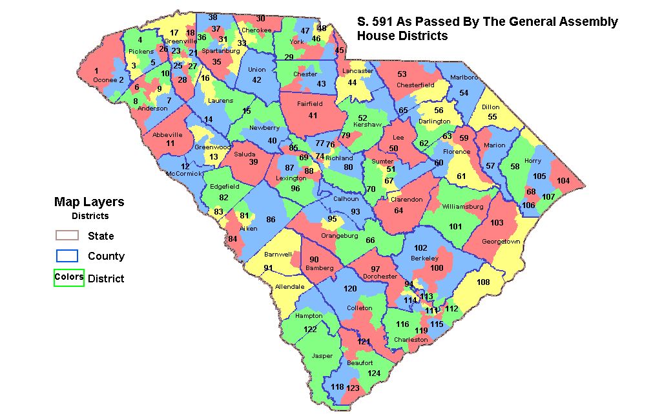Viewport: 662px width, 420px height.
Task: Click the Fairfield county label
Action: coord(309,103)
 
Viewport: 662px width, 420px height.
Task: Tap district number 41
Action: coord(313,115)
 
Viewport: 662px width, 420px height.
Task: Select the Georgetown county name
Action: coord(500,242)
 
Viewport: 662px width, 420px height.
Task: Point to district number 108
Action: coord(483,282)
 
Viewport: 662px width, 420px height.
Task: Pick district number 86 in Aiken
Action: coord(271,220)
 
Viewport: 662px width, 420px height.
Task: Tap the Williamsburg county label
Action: coord(462,207)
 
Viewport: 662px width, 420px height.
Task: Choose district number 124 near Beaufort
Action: coord(374,373)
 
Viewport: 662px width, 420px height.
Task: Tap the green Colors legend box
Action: coord(68,277)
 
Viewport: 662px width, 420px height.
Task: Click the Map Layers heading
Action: coord(89,202)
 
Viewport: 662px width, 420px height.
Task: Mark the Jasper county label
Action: coord(322,356)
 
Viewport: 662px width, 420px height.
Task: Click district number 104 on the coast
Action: coord(563,181)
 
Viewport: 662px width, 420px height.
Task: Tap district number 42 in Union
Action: coord(256,79)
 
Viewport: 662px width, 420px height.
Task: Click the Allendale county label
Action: coord(289,286)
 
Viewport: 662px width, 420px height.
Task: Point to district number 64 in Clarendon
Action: coord(398,210)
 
